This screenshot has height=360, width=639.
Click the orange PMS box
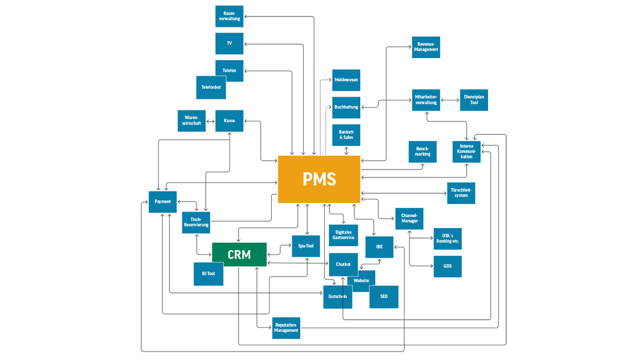[319, 179]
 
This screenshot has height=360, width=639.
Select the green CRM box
[239, 254]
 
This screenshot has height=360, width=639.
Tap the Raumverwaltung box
[229, 16]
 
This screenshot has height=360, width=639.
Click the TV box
[229, 44]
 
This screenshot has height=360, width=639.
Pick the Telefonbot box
[211, 87]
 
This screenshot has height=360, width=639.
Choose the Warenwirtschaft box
[191, 121]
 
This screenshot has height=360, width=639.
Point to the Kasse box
[230, 121]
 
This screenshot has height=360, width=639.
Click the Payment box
[163, 202]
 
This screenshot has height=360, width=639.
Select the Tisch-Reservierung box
[196, 222]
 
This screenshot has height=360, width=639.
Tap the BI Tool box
[208, 274]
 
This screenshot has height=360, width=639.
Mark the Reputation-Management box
[286, 328]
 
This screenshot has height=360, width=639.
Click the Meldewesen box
[346, 80]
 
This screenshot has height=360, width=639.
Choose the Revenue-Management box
[426, 47]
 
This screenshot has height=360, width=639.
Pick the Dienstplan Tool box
[474, 100]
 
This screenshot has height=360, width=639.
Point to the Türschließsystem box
[461, 193]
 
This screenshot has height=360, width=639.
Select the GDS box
[448, 266]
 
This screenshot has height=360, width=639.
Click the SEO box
[384, 297]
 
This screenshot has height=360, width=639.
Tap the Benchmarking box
[422, 151]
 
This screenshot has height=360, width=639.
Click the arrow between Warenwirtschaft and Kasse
[210, 121]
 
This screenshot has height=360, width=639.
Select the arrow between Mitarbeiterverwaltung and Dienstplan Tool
[450, 100]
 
